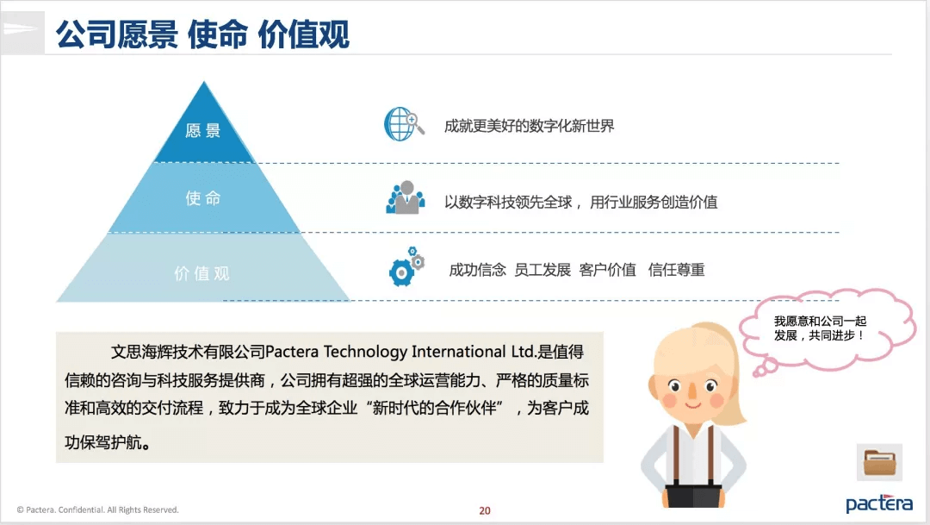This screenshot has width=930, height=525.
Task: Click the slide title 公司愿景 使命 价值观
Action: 203,34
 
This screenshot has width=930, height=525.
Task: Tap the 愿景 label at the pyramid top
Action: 203,131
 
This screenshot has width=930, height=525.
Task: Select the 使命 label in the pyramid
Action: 203,197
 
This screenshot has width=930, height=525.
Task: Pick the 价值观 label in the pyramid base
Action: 201,273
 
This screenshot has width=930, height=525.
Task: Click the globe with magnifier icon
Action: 404,124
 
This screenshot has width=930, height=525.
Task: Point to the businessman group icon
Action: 406,197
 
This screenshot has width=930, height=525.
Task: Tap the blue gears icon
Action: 406,267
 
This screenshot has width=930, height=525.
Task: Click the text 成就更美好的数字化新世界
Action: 529,126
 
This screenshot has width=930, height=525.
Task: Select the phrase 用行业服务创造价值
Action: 654,203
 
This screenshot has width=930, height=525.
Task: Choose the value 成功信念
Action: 477,270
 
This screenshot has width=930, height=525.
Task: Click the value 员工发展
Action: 542,270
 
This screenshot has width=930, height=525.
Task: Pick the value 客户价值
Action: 607,270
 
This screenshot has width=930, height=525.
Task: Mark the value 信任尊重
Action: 676,270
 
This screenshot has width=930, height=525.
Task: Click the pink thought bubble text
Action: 821,328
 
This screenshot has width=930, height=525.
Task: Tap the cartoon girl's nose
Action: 692,392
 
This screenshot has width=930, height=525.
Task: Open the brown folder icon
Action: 879,463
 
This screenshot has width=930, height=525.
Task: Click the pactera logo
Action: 879,503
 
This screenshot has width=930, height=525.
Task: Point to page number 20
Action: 485,510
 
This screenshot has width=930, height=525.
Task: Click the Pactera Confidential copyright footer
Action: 98,509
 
